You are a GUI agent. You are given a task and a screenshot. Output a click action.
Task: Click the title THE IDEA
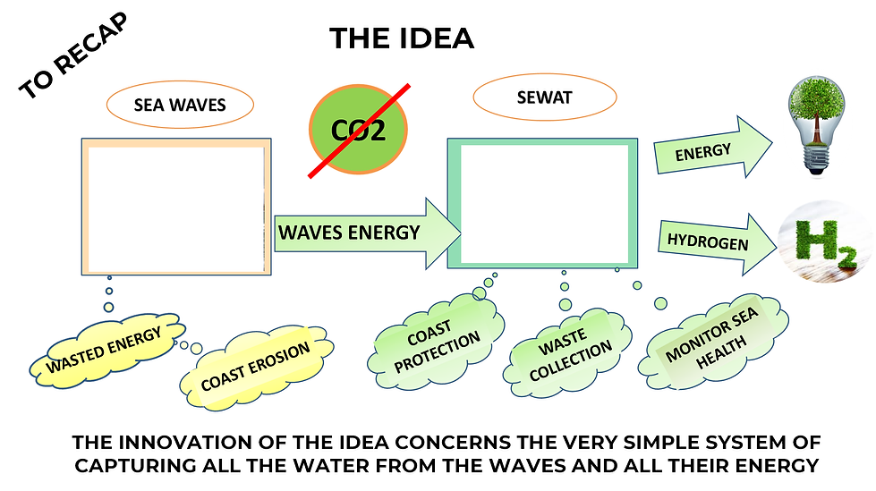tap(401, 38)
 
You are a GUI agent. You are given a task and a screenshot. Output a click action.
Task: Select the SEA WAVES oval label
tap(180, 105)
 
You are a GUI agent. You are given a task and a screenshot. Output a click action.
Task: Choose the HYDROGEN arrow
tap(711, 242)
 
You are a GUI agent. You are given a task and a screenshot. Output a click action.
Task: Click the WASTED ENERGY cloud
tap(105, 351)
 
